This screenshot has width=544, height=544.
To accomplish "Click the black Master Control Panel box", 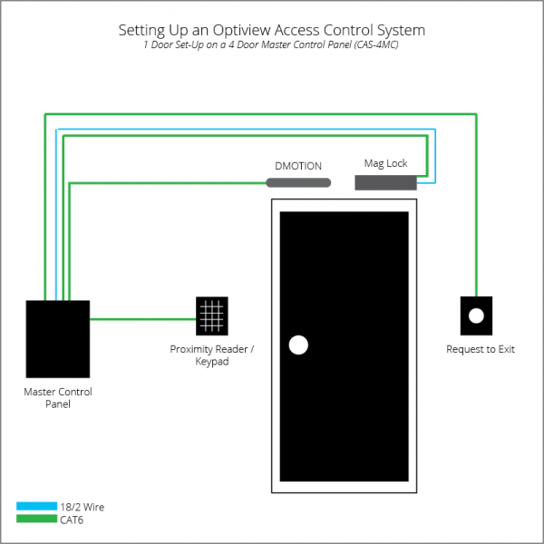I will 57,338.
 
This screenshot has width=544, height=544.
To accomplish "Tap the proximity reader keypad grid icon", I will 212,316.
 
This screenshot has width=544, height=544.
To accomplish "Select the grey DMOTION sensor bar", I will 298,183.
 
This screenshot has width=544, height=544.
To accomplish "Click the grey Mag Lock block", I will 385,182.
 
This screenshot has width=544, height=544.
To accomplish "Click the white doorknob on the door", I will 297,345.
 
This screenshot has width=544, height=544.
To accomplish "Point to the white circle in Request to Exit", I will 476,317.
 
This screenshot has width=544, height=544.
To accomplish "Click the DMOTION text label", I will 298,167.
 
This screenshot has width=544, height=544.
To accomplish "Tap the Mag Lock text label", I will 385,164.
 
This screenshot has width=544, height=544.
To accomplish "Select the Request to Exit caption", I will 480,349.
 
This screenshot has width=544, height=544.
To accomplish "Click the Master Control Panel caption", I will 57,398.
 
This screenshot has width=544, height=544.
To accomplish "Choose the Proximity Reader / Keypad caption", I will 211,355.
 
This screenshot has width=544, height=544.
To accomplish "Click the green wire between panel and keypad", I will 142,318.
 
